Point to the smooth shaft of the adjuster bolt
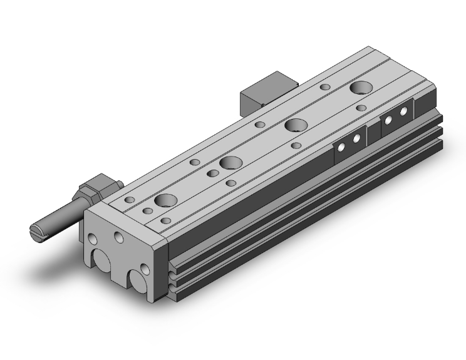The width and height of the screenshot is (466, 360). (x=59, y=217)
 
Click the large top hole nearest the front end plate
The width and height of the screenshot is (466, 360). (x=167, y=200)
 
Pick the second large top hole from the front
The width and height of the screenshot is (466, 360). (x=230, y=162)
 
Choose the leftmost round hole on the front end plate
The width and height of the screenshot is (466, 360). (x=93, y=239)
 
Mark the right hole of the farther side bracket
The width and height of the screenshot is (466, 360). (x=403, y=111)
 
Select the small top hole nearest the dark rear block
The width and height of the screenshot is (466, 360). (x=324, y=88)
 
